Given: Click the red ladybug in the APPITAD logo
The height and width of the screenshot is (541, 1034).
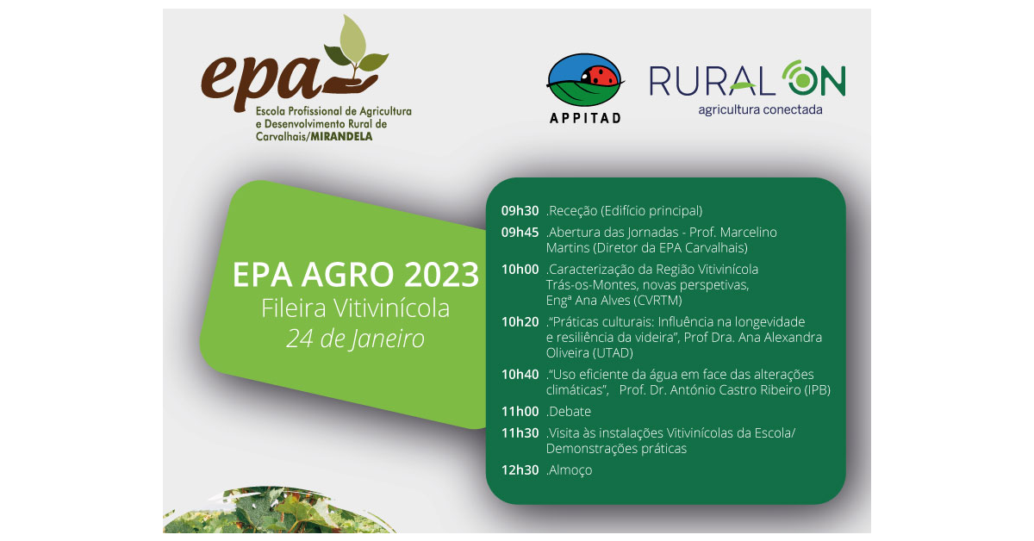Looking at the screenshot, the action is (x=599, y=76).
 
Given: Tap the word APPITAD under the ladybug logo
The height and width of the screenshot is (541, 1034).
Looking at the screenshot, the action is (x=585, y=118).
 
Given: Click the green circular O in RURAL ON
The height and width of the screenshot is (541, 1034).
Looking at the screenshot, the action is (x=803, y=79).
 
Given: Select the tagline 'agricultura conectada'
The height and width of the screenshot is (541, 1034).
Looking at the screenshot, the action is (x=760, y=110).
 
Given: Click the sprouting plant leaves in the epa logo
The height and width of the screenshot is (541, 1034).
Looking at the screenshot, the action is (x=355, y=48).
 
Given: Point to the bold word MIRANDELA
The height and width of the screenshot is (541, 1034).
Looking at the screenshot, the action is (x=341, y=137).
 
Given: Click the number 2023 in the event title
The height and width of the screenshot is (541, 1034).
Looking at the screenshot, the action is (x=442, y=275).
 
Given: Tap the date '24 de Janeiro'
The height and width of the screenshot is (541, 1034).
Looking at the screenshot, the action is (x=355, y=339).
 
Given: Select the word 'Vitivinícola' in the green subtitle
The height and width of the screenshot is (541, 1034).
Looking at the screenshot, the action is (x=392, y=308).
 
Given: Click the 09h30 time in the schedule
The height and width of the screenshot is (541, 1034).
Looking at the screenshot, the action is (x=520, y=211).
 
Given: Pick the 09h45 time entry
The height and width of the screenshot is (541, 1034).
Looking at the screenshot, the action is (x=520, y=233).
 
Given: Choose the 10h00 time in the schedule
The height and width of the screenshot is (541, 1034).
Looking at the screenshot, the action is (x=520, y=269).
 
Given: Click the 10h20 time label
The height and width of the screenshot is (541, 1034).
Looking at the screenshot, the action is (x=520, y=321).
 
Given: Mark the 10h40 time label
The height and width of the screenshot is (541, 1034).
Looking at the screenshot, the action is (x=520, y=375).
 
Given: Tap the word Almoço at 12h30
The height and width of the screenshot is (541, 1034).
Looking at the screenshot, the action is (x=570, y=469).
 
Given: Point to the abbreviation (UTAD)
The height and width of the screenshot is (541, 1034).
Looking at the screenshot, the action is (x=613, y=353).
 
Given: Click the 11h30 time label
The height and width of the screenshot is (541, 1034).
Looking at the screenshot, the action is (x=520, y=433).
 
